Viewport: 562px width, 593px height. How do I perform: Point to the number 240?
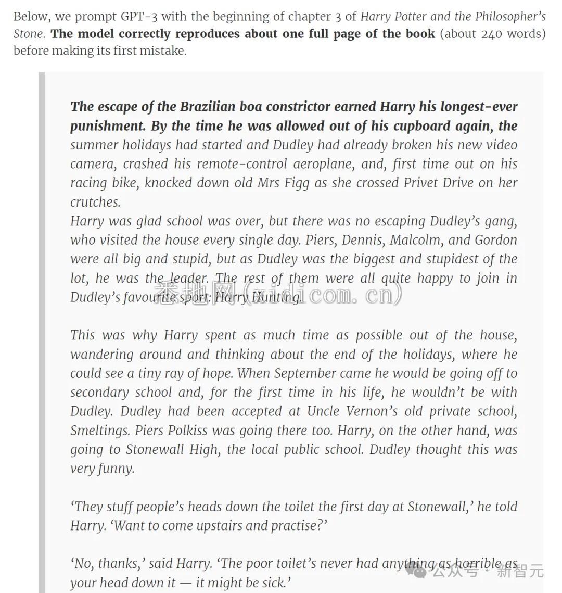pos(492,34)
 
